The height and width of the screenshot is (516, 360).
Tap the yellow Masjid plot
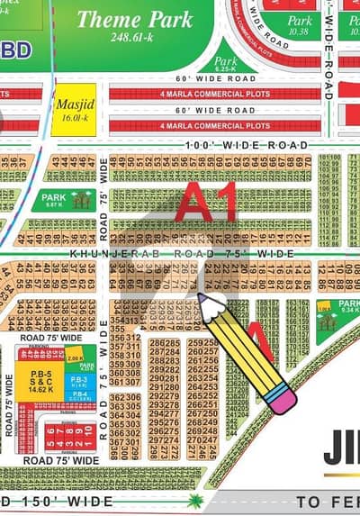(x=73, y=110)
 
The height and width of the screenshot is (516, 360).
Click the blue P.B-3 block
(x=78, y=381)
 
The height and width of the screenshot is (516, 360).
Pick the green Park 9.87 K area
(x=63, y=200)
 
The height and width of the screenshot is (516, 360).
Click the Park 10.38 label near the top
(x=300, y=25)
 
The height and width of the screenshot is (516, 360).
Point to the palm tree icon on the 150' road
(x=195, y=501)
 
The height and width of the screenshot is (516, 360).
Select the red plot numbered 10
(x=90, y=440)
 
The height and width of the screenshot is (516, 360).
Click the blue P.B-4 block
(x=78, y=395)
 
